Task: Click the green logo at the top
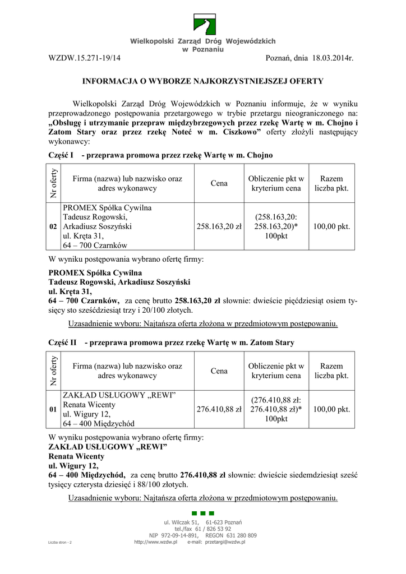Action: coord(203,25)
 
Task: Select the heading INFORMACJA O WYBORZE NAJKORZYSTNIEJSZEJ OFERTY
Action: coord(203,81)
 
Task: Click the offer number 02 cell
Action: coord(53,226)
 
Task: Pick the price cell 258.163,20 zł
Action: coord(219,226)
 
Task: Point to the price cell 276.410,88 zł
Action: coord(219,410)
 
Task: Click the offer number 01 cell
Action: coord(53,410)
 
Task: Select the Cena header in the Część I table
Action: coord(219,183)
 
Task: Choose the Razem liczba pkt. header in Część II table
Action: coord(331,371)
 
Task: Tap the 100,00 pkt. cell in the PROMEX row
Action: coord(331,226)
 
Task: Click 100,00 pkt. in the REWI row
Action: coord(331,410)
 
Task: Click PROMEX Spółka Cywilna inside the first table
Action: coord(108,207)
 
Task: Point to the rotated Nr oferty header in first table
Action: coord(53,183)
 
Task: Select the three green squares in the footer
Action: coord(202,513)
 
